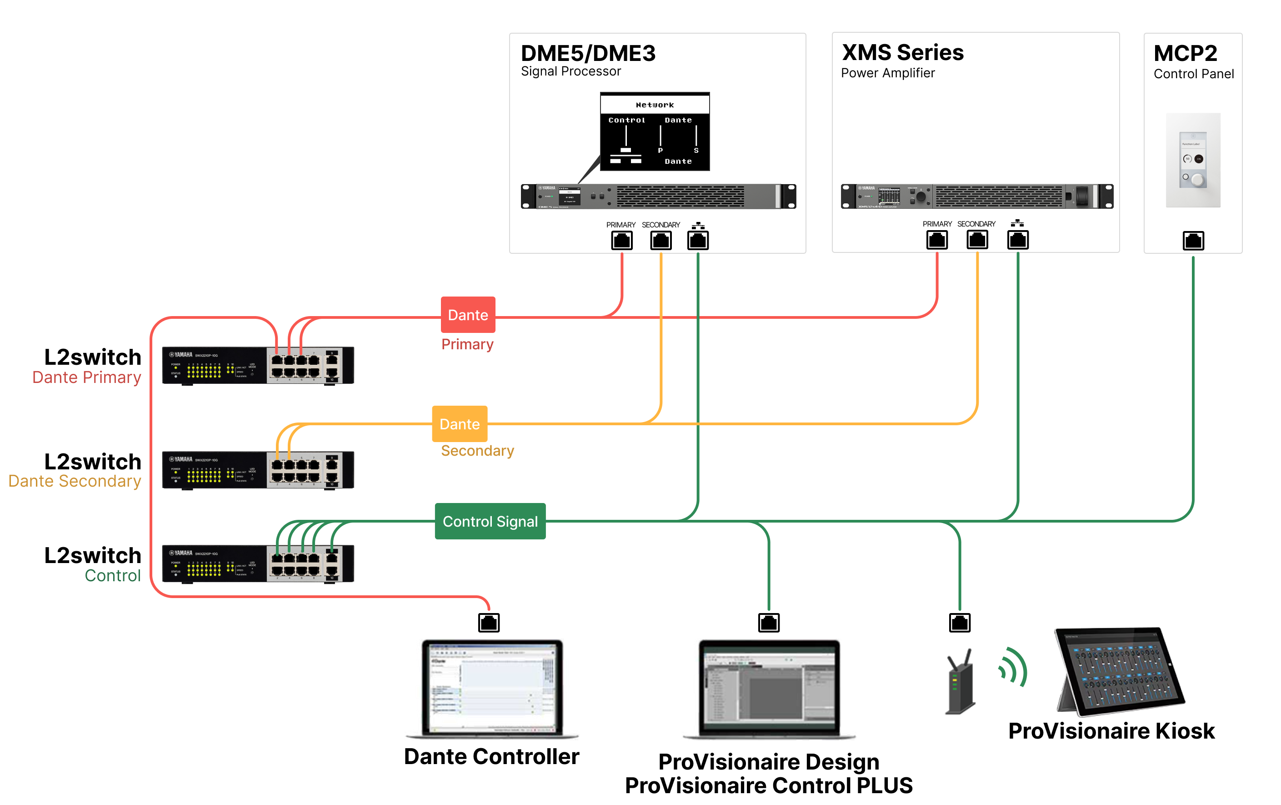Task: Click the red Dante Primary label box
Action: pyautogui.click(x=468, y=315)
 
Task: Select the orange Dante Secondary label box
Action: pyautogui.click(x=460, y=424)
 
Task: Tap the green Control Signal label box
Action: pyautogui.click(x=490, y=521)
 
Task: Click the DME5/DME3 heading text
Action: pyautogui.click(x=588, y=53)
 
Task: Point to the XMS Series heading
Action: pyautogui.click(x=902, y=52)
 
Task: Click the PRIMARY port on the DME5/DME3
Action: pyautogui.click(x=621, y=241)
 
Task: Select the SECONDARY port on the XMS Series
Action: pyautogui.click(x=977, y=240)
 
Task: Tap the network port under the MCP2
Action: pyautogui.click(x=1193, y=241)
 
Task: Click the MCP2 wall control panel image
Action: pyautogui.click(x=1193, y=160)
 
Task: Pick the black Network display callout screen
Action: pyautogui.click(x=655, y=131)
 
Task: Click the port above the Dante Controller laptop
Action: pyautogui.click(x=488, y=622)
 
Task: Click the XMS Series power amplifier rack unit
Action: pyautogui.click(x=977, y=196)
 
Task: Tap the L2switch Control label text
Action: pyautogui.click(x=93, y=565)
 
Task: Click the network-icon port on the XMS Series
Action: pyautogui.click(x=1017, y=240)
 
